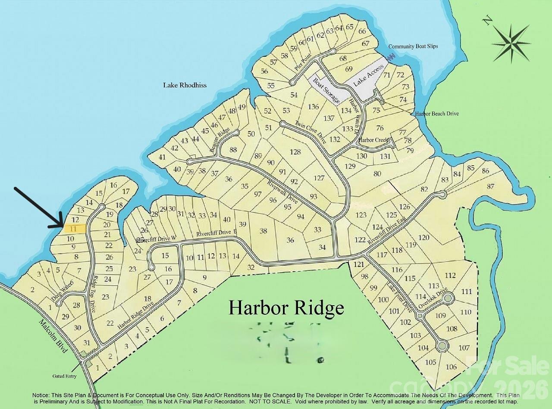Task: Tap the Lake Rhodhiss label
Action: tap(185, 85)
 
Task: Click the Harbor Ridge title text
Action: tap(286, 308)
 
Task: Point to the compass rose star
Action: tap(511, 42)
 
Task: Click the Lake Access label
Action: tap(368, 76)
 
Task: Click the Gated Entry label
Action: tap(64, 376)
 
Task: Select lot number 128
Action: tap(295, 152)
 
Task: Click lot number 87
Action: tap(490, 186)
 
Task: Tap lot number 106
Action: tap(451, 367)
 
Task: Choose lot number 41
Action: tap(162, 157)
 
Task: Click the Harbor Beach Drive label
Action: tap(437, 114)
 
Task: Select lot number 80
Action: tap(377, 174)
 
